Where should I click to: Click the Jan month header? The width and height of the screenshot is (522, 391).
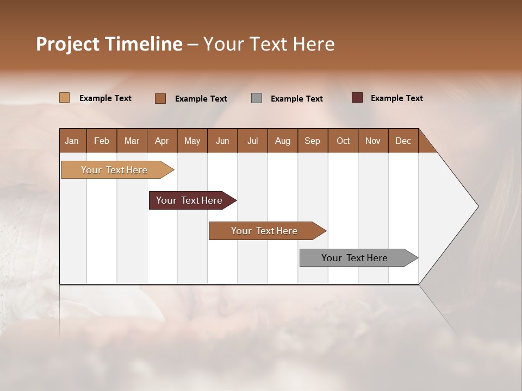point(72,141)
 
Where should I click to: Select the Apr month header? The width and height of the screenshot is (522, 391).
point(161,141)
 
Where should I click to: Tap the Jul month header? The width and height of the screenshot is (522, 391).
point(252,141)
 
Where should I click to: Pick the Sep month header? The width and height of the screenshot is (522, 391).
point(312,141)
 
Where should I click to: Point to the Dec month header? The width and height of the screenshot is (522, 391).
point(403,141)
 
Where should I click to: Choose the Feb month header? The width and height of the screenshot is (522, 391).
point(102,141)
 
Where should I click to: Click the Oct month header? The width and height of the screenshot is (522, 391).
point(343,141)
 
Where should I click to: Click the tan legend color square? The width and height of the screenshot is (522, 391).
point(64,98)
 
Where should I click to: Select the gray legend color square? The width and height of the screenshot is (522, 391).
point(257,98)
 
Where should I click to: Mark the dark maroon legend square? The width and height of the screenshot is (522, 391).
point(357,98)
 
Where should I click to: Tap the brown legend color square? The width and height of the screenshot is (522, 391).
point(160,98)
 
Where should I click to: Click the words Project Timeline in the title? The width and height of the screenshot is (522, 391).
point(109,44)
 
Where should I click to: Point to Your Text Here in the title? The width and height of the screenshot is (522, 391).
point(269,44)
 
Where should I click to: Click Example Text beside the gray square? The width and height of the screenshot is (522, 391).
point(296,99)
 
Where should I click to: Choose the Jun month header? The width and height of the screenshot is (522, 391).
point(222,141)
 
